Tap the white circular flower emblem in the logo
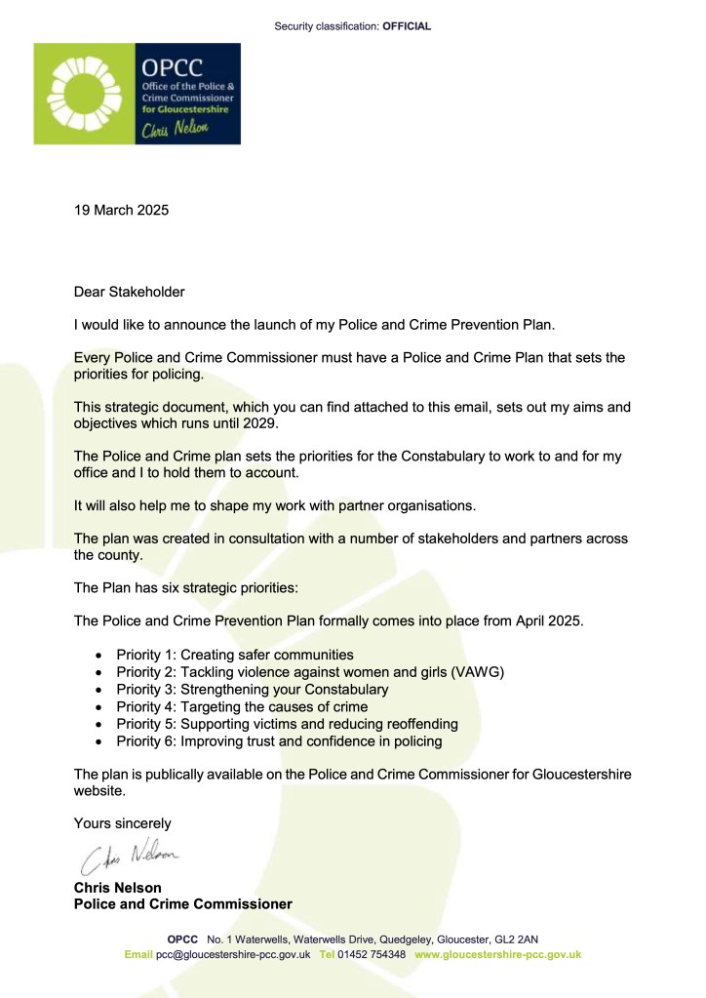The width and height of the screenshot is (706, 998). [85, 93]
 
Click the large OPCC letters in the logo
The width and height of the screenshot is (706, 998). [170, 68]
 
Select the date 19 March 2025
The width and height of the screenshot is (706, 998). [122, 210]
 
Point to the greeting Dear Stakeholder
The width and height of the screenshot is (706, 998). [130, 292]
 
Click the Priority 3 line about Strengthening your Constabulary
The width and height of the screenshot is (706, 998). [252, 690]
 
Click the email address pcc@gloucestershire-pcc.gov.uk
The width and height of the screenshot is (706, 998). [233, 954]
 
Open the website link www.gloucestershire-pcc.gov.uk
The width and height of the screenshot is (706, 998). [497, 954]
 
